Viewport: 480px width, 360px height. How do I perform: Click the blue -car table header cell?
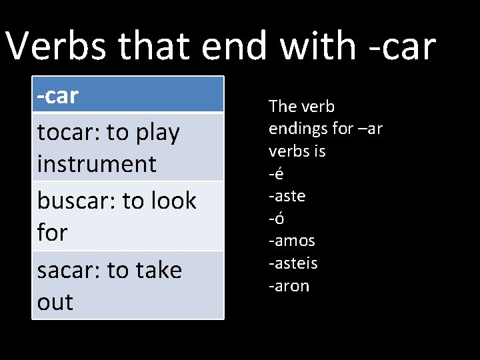pos(128,95)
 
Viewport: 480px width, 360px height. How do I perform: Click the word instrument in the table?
pos(97,164)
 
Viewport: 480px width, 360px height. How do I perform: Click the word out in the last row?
pos(55,302)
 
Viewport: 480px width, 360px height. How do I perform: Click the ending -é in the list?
pos(276,174)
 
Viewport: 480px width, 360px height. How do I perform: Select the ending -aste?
pos(287,196)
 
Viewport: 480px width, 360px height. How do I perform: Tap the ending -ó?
pos(277,218)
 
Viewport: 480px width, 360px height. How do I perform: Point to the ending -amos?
pos(291,241)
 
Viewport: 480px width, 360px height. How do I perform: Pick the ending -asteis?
pos(293,263)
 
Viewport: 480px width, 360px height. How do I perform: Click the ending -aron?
pos(289,286)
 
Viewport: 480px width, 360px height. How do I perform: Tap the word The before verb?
pos(282,106)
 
